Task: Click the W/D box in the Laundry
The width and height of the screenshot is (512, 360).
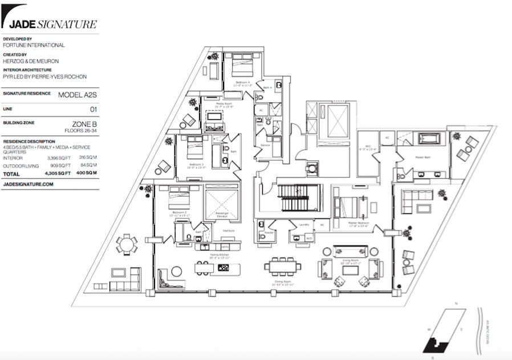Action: coord(309,238)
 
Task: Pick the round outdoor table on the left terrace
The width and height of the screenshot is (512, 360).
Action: coord(126,244)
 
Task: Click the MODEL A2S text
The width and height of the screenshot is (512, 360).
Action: coord(78,95)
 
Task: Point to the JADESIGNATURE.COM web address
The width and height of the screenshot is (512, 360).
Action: coord(28,184)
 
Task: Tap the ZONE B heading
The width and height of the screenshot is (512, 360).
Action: coord(84,123)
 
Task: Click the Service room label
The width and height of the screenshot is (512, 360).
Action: coord(265,145)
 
